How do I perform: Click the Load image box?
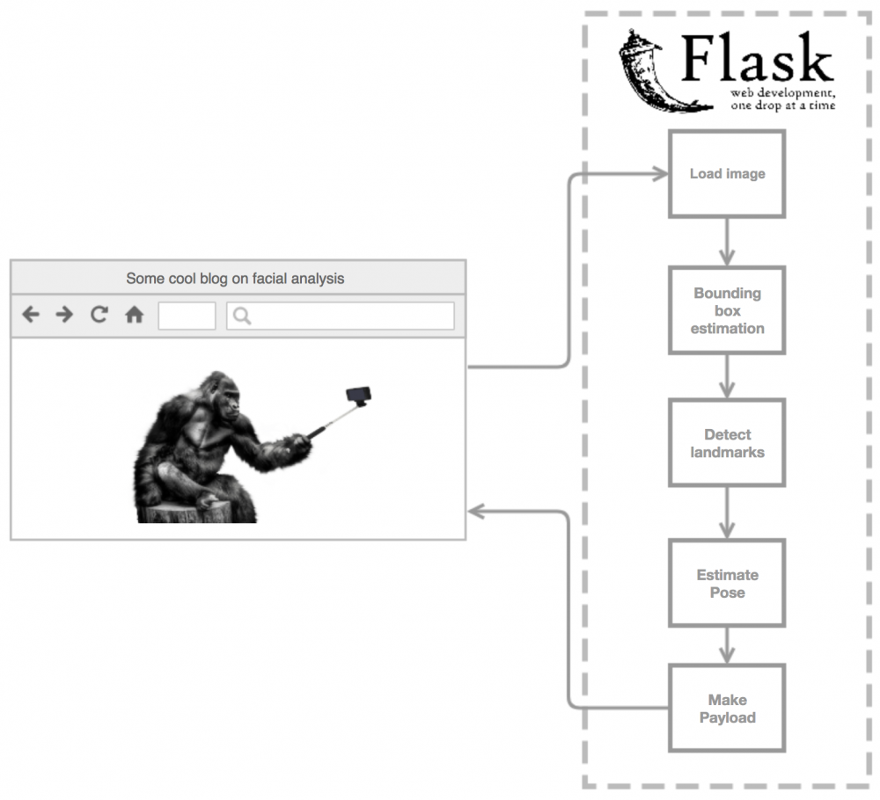pos(727,174)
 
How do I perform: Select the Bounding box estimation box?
pos(727,311)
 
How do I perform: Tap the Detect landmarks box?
pos(727,443)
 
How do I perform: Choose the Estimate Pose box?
pos(727,584)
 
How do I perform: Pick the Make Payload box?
pos(727,709)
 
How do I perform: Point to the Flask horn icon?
pos(651,70)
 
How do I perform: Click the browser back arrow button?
pos(31,315)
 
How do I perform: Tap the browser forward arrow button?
pos(64,315)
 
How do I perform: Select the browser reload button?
pos(99,315)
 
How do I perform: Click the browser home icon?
pos(134,315)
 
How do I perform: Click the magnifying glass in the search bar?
pos(242,316)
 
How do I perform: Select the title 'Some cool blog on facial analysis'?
pos(235,279)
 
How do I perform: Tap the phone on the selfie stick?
pos(357,396)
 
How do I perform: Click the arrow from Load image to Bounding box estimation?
pos(727,242)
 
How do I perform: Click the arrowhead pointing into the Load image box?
pos(660,174)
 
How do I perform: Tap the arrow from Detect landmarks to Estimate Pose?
pos(727,512)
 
